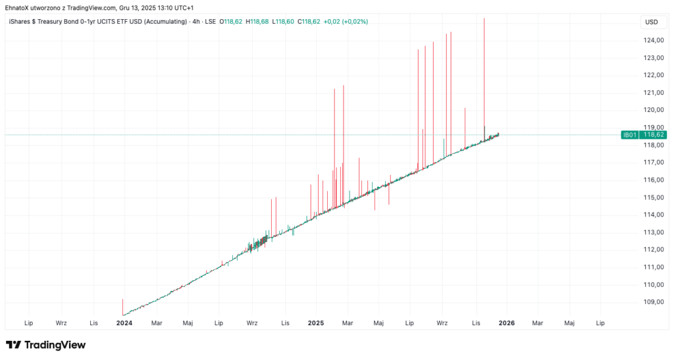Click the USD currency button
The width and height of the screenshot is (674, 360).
click(651, 22)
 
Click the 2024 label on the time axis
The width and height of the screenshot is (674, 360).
click(124, 323)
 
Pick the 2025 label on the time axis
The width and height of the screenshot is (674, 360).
click(316, 323)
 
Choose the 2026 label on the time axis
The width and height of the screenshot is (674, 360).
click(506, 323)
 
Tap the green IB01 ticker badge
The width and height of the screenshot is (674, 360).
click(629, 135)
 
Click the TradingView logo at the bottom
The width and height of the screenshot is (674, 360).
click(45, 345)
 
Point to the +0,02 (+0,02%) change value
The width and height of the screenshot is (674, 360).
click(346, 22)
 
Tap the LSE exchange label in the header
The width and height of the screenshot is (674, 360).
click(210, 22)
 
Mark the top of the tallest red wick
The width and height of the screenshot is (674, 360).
click(484, 18)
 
